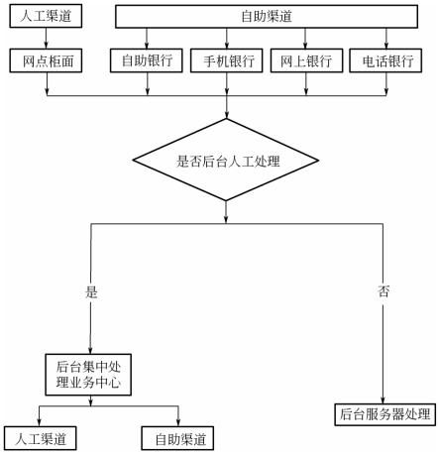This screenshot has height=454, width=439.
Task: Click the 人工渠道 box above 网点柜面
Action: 46,16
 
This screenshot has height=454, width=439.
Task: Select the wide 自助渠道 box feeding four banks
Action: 267,16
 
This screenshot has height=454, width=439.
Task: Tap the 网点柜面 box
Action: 46,60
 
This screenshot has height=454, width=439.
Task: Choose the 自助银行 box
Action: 147,60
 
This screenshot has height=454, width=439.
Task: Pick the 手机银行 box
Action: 227,60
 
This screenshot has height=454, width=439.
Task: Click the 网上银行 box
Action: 306,60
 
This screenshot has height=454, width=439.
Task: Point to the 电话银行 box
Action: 385,60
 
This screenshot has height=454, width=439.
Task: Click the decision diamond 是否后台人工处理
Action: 226,160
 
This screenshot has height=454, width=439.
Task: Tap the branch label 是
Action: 91,292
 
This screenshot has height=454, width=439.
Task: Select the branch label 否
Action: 384,291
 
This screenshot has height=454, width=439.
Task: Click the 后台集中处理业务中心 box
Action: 88,375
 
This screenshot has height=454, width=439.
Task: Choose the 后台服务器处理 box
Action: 385,414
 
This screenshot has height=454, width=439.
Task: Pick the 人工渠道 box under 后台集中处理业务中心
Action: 41,438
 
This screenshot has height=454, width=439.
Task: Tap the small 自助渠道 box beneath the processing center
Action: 177,438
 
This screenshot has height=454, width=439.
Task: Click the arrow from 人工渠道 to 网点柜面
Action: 46,39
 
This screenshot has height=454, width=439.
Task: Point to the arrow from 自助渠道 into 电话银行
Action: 386,39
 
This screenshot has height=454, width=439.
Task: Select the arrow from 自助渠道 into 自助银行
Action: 147,39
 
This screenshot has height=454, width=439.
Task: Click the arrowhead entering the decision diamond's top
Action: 226,115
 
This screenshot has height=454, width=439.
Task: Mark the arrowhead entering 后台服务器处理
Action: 384,399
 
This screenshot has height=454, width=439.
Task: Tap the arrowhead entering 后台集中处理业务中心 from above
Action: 90,351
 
